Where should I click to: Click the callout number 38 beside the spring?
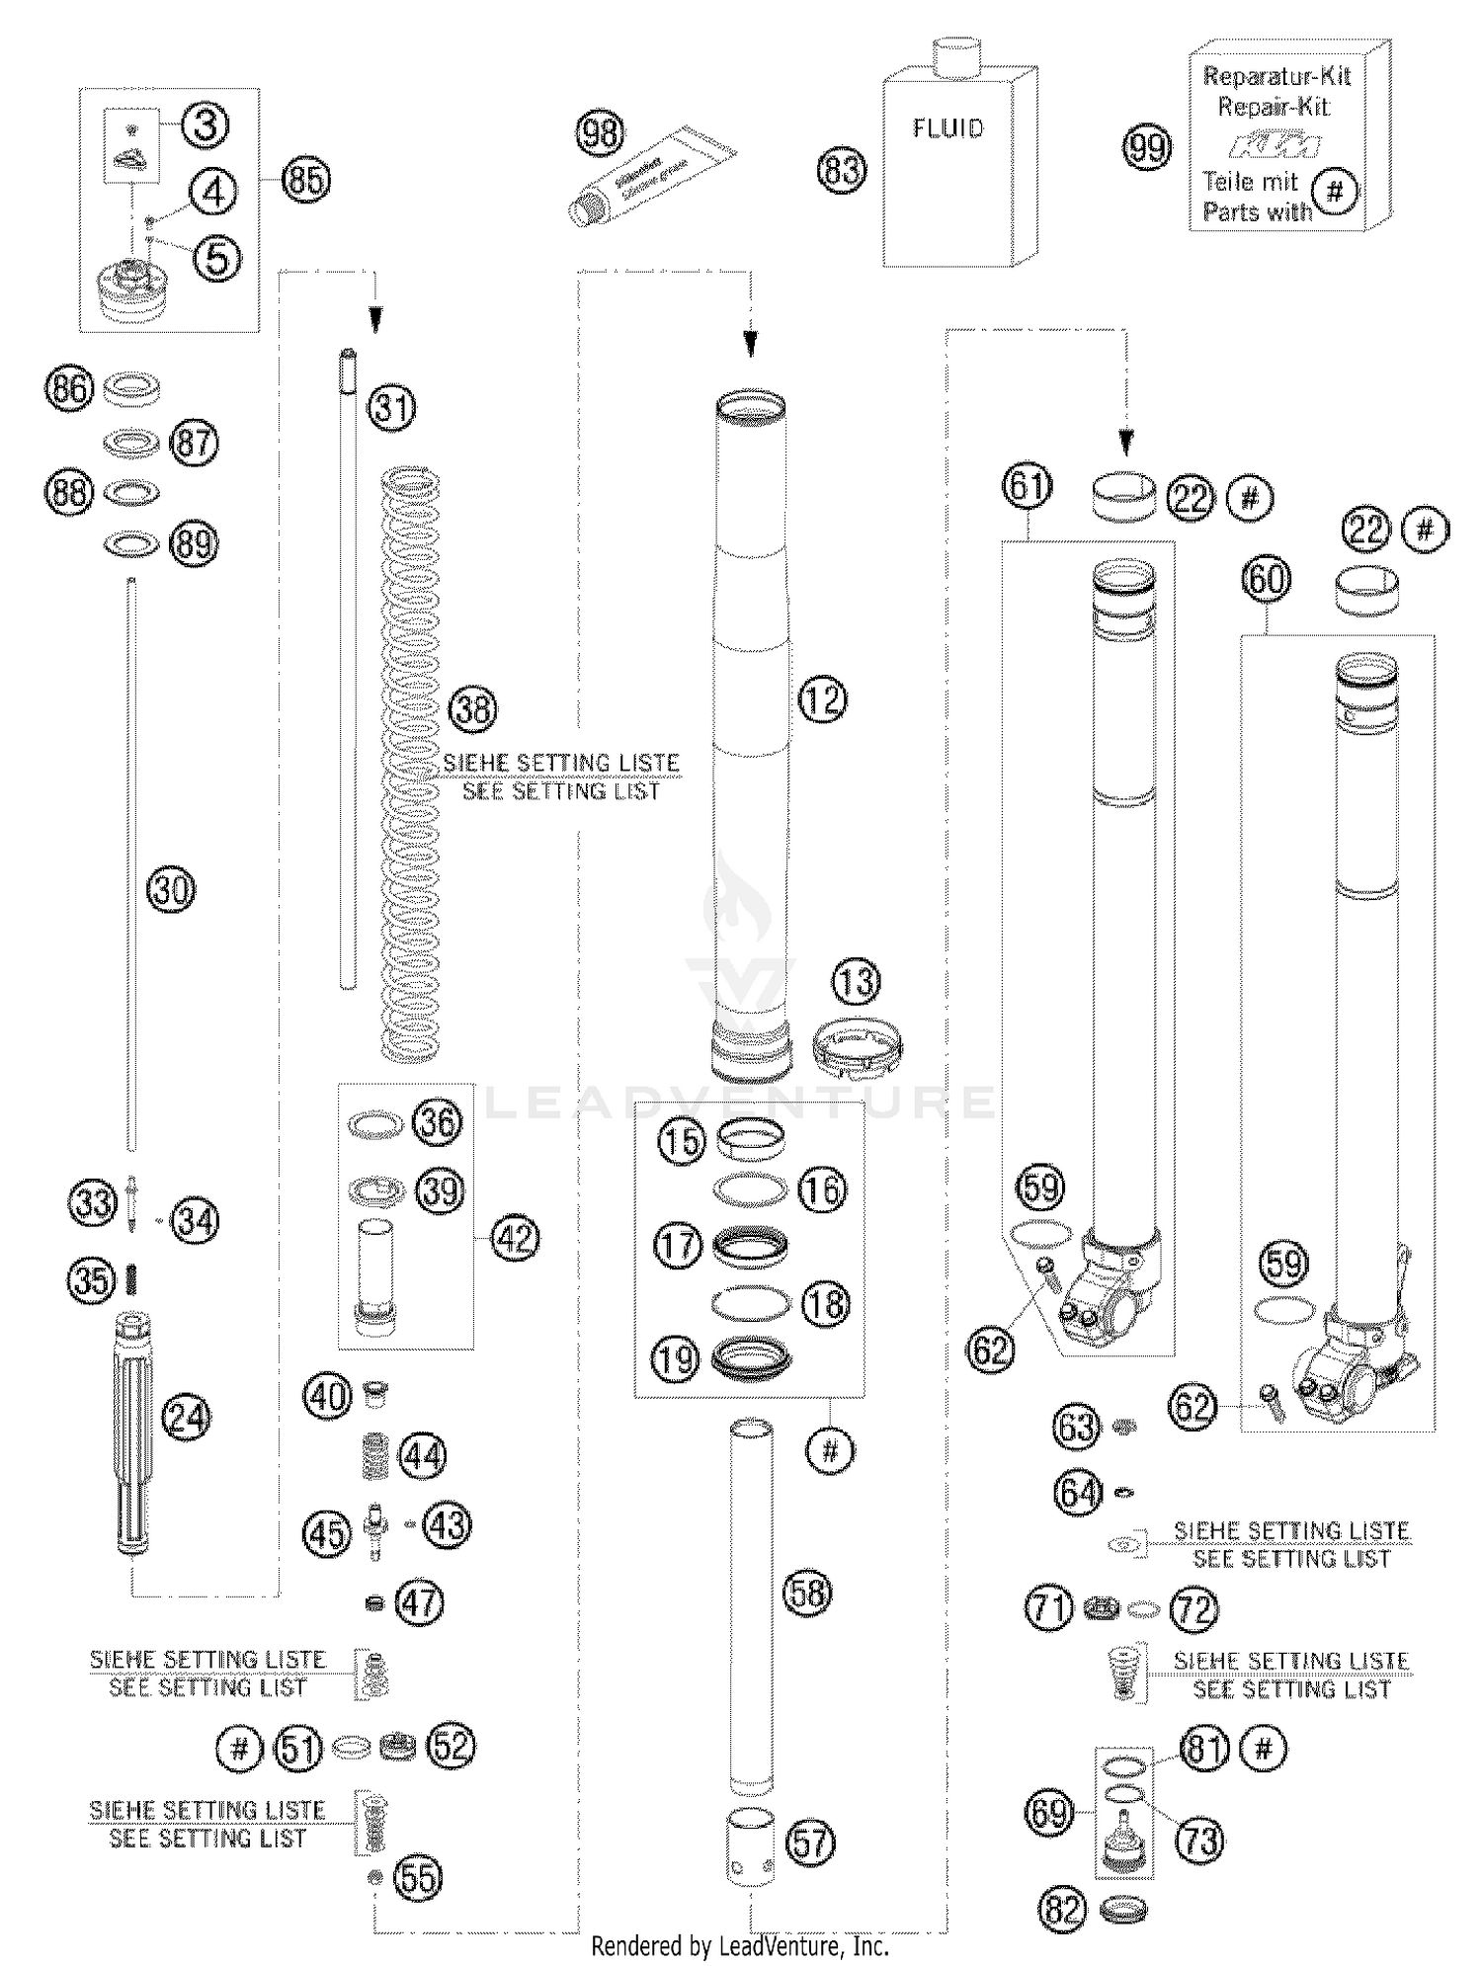(473, 709)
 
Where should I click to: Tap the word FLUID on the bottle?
(947, 128)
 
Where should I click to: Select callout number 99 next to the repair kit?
(1147, 148)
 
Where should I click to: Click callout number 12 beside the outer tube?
(822, 700)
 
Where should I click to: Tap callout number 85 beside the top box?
(305, 181)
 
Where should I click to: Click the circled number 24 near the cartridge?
(186, 1418)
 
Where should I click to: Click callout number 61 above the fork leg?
(1028, 487)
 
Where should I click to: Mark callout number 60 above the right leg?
(1267, 579)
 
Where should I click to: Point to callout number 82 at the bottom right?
(1063, 1910)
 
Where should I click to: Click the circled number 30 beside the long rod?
(171, 889)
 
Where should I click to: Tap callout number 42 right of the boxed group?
(514, 1238)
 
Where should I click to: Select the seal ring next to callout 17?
(750, 1247)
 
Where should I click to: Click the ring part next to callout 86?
(131, 388)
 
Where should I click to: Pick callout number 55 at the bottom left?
(418, 1877)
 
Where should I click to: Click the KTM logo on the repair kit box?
(1274, 146)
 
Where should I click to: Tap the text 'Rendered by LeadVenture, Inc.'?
(740, 1945)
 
